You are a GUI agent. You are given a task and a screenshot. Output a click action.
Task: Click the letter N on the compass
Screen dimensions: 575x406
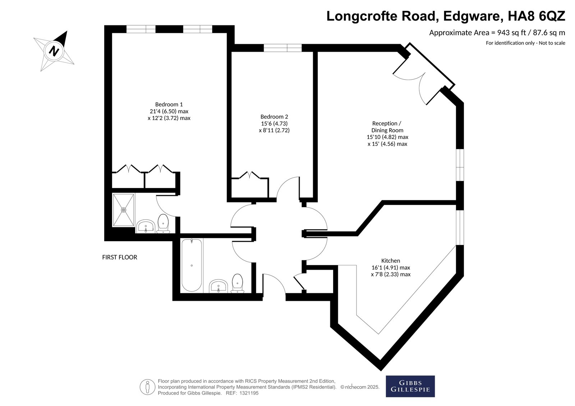click(54, 51)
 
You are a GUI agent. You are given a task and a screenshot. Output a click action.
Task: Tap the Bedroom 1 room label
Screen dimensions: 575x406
click(169, 104)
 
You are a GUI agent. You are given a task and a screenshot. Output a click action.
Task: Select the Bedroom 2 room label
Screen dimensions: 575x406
click(274, 117)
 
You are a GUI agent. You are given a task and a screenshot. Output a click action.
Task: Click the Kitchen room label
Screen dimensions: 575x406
click(390, 261)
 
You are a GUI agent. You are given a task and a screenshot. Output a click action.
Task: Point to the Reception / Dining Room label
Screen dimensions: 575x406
click(387, 127)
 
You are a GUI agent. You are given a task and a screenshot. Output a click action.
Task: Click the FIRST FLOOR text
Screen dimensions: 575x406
click(120, 257)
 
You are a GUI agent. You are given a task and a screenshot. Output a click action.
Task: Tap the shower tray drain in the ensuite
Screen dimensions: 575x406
click(124, 210)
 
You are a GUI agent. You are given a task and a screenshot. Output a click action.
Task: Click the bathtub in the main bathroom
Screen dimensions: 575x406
click(192, 265)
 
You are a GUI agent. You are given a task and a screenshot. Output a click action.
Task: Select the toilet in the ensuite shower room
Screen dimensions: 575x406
click(163, 223)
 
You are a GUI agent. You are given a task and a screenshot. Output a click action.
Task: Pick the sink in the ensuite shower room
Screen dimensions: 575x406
click(146, 226)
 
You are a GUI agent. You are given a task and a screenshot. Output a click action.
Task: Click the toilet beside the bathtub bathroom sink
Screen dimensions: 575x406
click(238, 283)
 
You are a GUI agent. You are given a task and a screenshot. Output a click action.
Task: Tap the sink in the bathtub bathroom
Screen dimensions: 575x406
click(218, 286)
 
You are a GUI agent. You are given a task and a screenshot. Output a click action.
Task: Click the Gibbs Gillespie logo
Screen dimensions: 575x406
click(410, 386)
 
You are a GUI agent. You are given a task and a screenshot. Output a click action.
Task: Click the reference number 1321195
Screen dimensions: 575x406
click(249, 393)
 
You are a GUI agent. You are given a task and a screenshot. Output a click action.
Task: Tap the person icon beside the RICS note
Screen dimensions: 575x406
click(147, 387)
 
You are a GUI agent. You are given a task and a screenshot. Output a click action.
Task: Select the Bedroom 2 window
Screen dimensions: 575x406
click(282, 48)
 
